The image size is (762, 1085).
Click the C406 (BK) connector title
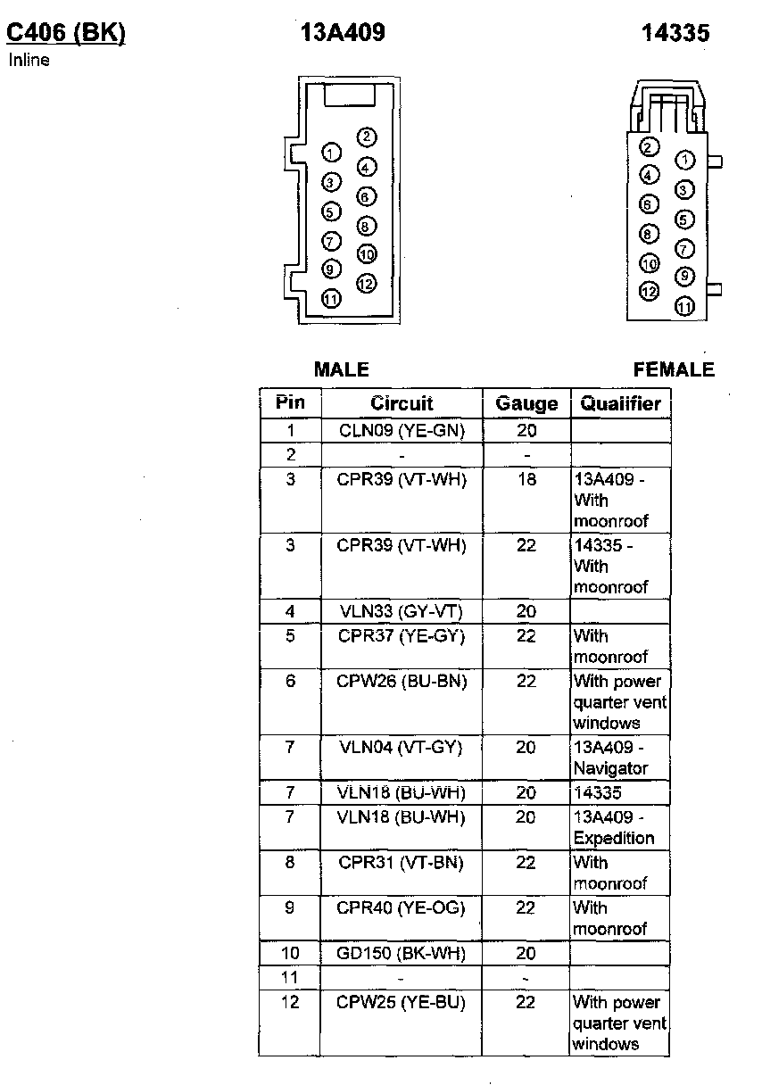pyautogui.click(x=66, y=34)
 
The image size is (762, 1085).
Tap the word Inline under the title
pyautogui.click(x=29, y=61)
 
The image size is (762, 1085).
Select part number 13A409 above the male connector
pyautogui.click(x=343, y=34)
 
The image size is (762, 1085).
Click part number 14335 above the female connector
pyautogui.click(x=675, y=34)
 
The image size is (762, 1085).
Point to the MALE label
pyautogui.click(x=341, y=369)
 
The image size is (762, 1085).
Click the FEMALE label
pyautogui.click(x=674, y=369)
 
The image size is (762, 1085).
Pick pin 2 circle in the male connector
pyautogui.click(x=366, y=137)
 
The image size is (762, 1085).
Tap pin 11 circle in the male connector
pyautogui.click(x=331, y=299)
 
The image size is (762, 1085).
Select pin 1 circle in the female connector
pyautogui.click(x=684, y=161)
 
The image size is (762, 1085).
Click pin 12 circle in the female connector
pyautogui.click(x=650, y=292)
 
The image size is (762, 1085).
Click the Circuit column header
pyautogui.click(x=402, y=403)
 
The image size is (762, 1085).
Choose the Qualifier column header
pyautogui.click(x=620, y=403)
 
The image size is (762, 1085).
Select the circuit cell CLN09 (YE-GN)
pyautogui.click(x=402, y=431)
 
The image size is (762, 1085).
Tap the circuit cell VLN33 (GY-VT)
pyautogui.click(x=402, y=611)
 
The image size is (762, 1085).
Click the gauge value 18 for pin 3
pyautogui.click(x=526, y=479)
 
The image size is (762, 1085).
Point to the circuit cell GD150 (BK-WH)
pyautogui.click(x=402, y=953)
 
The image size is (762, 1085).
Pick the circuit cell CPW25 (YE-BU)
pyautogui.click(x=402, y=1002)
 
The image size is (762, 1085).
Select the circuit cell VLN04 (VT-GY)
pyautogui.click(x=402, y=747)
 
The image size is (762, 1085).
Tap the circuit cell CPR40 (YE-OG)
pyautogui.click(x=402, y=907)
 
